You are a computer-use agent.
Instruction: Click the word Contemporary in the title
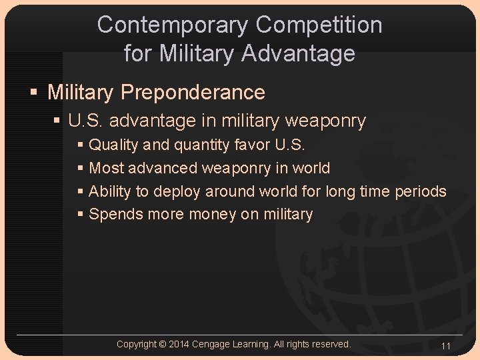tap(173, 25)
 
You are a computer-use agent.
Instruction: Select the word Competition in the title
tap(319, 25)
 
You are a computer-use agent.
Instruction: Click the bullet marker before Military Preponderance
tap(36, 93)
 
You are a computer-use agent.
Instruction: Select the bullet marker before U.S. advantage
tap(59, 121)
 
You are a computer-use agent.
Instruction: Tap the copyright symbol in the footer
tap(163, 344)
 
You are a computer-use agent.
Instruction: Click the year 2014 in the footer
tap(179, 344)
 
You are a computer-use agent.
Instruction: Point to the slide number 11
tap(446, 346)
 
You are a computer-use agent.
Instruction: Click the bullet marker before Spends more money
tap(81, 215)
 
